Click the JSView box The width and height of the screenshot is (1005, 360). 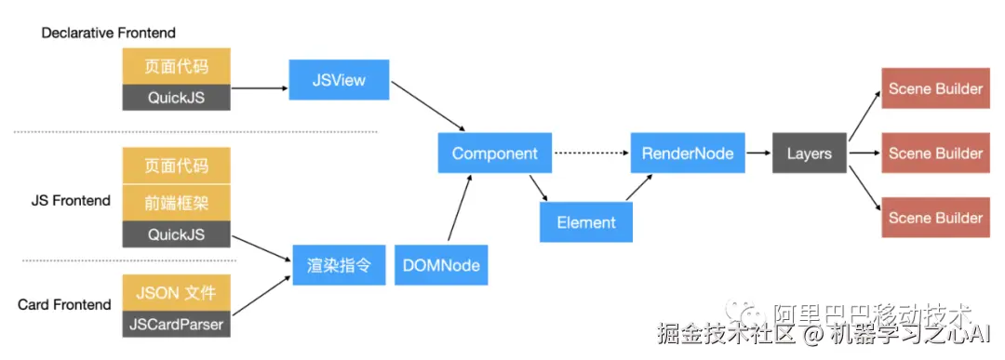click(339, 80)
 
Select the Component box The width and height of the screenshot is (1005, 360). click(495, 153)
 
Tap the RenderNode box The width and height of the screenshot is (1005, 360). click(689, 153)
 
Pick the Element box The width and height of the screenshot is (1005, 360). click(586, 222)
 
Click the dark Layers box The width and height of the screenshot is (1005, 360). click(810, 153)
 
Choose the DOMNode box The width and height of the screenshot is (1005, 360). click(441, 265)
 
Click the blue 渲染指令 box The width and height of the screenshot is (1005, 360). click(339, 265)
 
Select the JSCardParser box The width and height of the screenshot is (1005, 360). click(176, 324)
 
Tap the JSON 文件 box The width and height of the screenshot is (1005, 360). click(176, 293)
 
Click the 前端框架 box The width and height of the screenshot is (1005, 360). click(176, 204)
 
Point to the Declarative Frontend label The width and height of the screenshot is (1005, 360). click(108, 33)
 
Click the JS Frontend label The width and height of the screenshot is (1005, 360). click(71, 201)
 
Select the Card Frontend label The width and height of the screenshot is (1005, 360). click(65, 305)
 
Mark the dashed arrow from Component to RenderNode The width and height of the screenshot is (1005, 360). click(591, 153)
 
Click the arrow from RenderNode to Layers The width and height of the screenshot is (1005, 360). click(759, 153)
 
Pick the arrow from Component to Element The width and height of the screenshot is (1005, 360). click(539, 187)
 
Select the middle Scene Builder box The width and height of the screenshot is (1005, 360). click(935, 153)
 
